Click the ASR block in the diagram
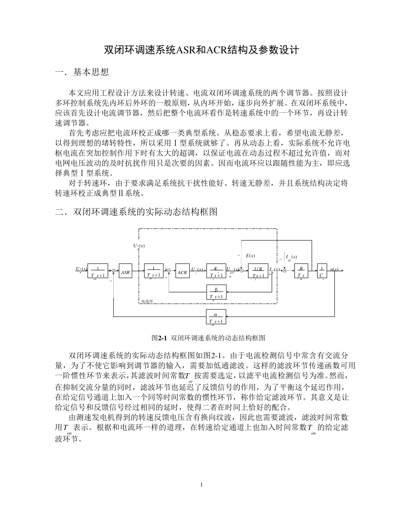pyautogui.click(x=125, y=272)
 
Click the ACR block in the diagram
pyautogui.click(x=182, y=272)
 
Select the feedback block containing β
pyautogui.click(x=216, y=292)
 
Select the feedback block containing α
pyautogui.click(x=216, y=317)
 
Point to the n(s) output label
pyautogui.click(x=335, y=269)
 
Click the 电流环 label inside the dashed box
pyautogui.click(x=147, y=301)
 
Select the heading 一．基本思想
pyautogui.click(x=82, y=73)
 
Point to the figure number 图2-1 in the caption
pyautogui.click(x=159, y=338)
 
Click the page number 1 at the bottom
pyautogui.click(x=201, y=484)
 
